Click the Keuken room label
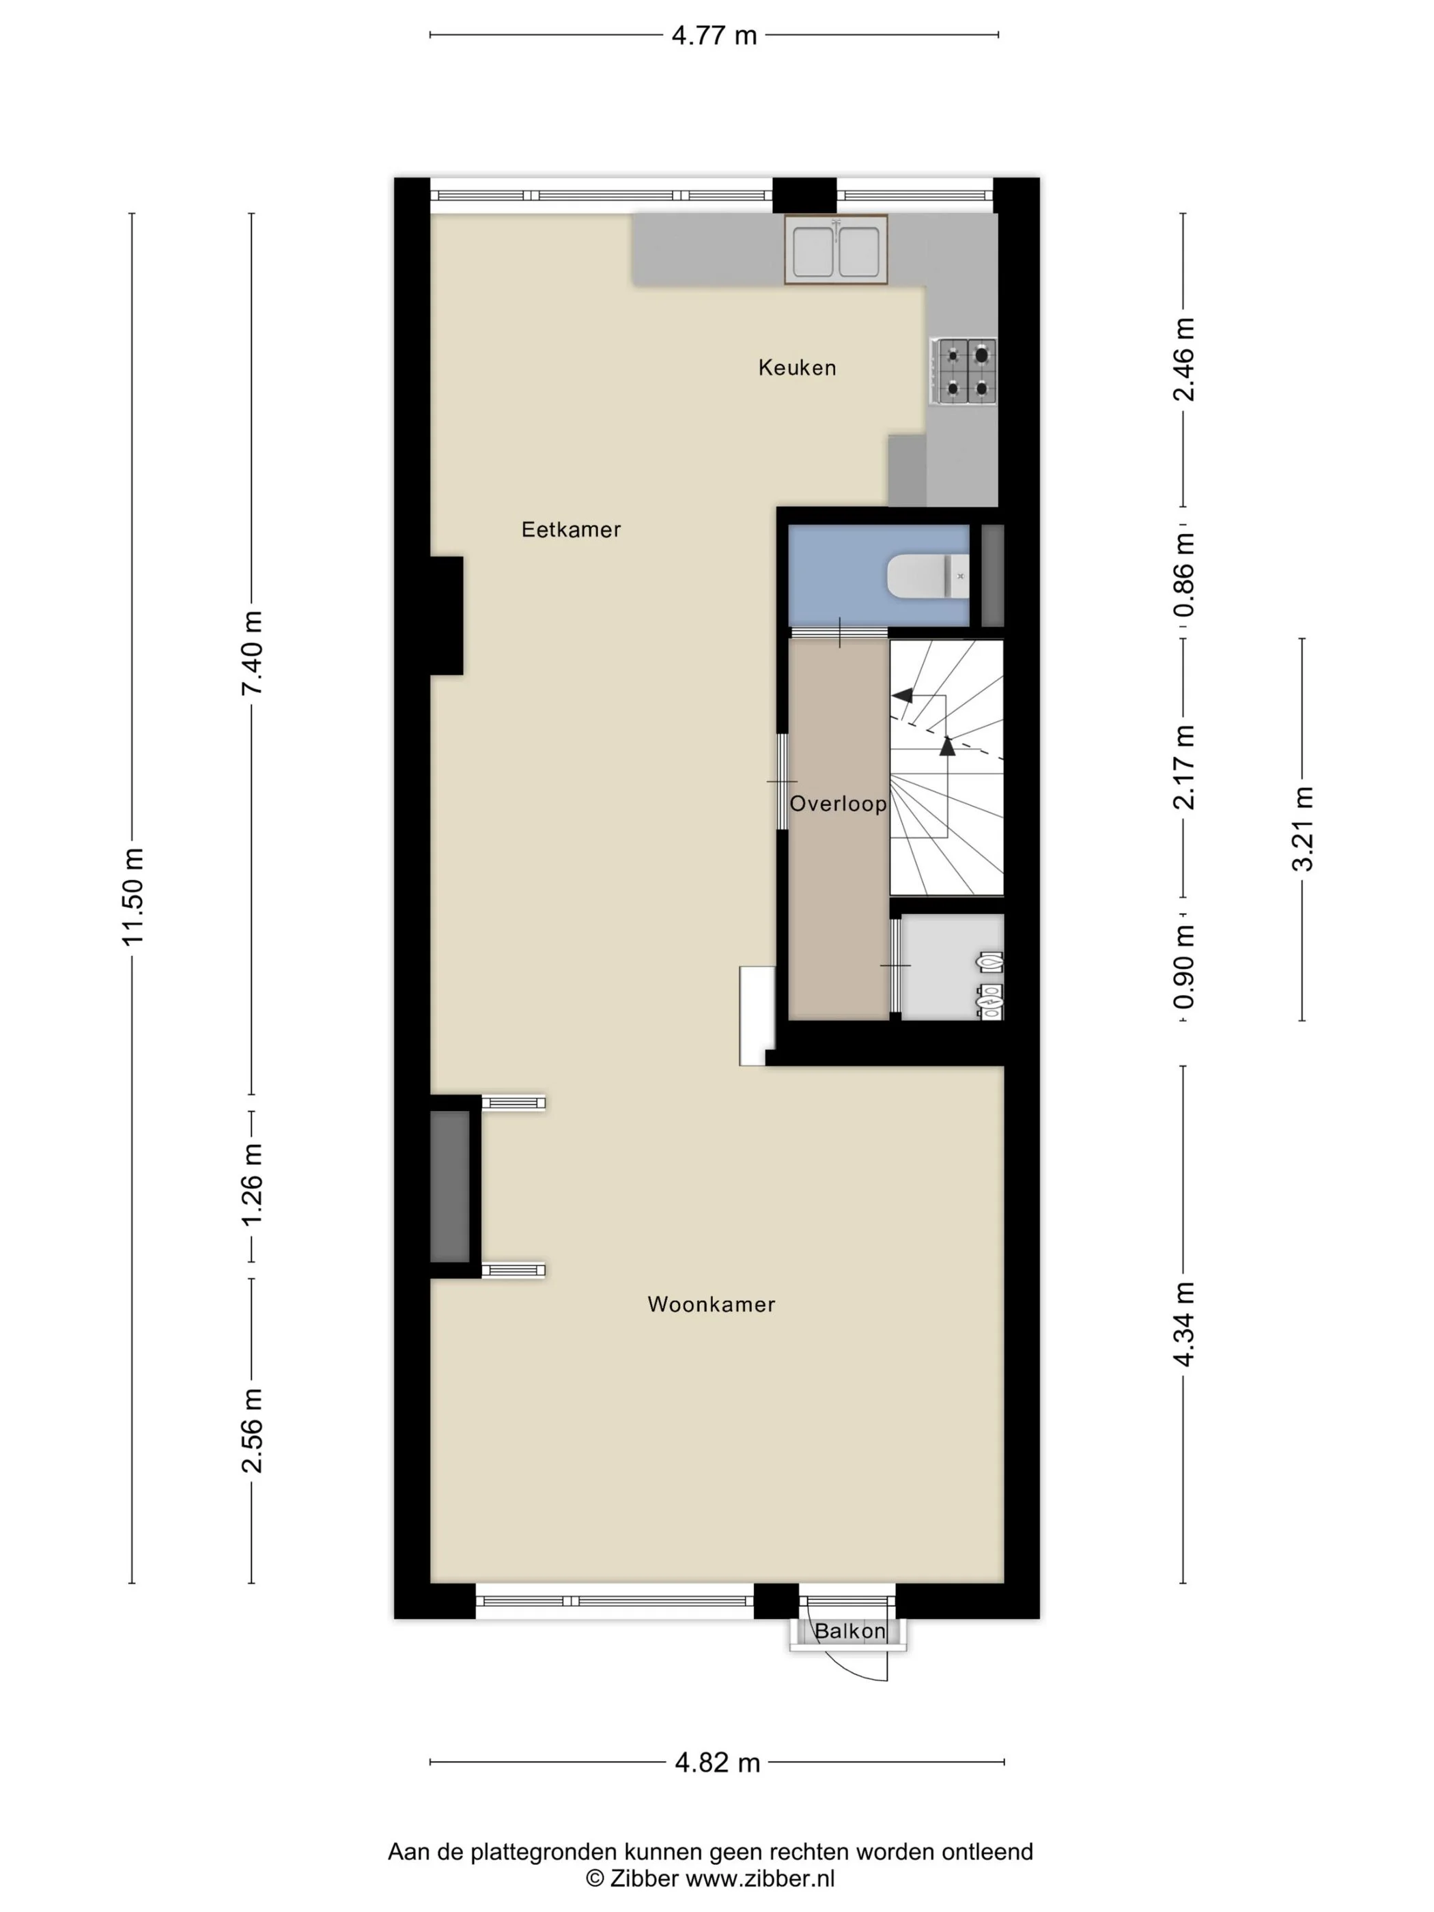796,367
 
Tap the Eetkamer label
570,529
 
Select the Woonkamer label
711,1304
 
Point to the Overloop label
838,804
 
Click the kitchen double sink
835,250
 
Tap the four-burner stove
963,371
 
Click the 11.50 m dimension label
133,897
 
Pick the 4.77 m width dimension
714,36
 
